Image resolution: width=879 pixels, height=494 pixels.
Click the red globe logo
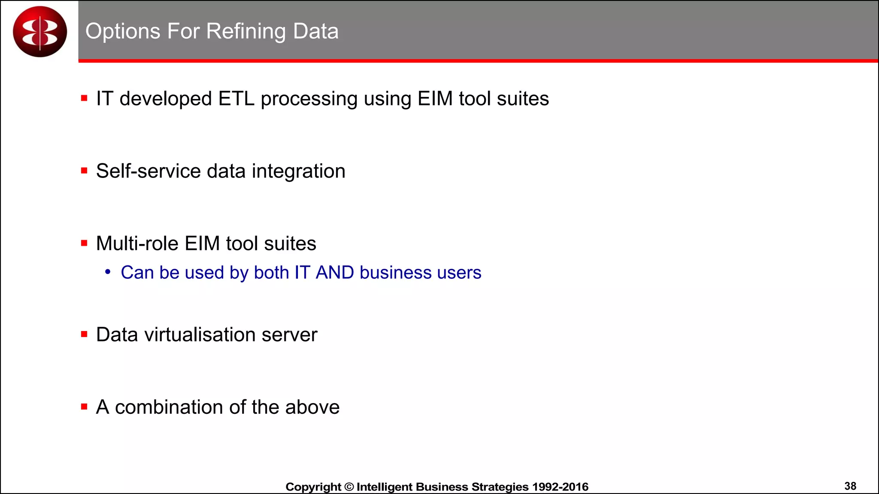point(40,31)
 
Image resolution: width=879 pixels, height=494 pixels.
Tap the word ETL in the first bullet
point(236,99)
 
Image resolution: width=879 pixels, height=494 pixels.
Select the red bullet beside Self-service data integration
point(84,171)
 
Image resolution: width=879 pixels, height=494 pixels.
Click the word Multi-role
point(137,244)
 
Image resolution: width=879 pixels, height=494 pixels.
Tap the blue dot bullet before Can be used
point(108,272)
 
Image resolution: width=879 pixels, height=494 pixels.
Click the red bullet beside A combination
point(84,407)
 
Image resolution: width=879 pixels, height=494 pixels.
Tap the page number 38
point(850,486)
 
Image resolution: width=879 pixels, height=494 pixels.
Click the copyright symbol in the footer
point(349,487)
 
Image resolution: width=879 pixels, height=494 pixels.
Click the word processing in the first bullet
point(309,99)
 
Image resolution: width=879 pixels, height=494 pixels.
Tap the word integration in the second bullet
point(298,171)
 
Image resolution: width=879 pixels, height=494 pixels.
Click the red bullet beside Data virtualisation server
point(84,334)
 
